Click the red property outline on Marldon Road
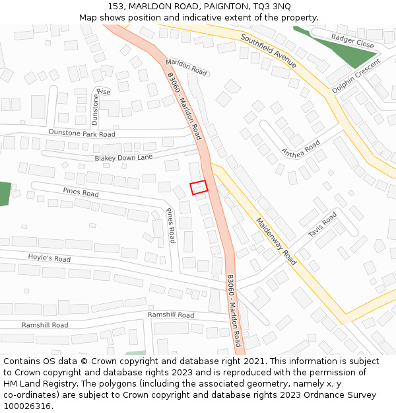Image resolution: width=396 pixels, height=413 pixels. click(199, 187)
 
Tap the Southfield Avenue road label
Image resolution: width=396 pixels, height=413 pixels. click(269, 51)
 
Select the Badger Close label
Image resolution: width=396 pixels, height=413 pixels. click(352, 41)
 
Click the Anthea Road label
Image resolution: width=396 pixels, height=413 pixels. click(300, 148)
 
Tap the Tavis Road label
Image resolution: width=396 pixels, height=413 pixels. click(322, 225)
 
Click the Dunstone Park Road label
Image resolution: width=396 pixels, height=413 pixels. click(82, 133)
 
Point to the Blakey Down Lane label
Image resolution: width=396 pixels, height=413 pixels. click(123, 158)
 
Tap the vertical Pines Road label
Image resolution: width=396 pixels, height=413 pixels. click(171, 225)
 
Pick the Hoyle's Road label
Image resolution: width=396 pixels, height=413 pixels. click(49, 258)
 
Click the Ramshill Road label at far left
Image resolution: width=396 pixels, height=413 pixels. click(45, 325)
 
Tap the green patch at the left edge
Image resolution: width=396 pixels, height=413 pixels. click(5, 194)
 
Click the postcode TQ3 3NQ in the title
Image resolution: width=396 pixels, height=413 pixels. click(271, 6)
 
